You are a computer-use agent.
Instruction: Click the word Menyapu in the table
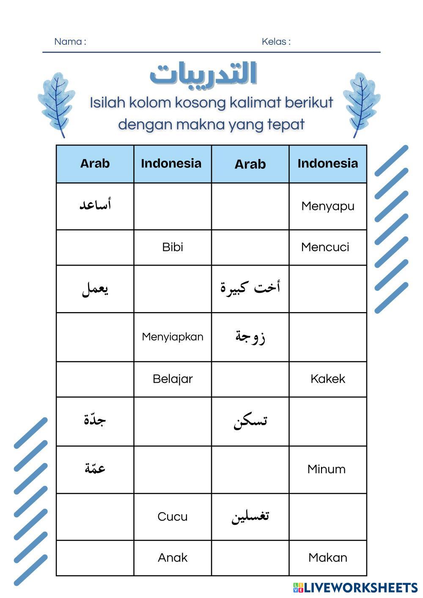coord(327,206)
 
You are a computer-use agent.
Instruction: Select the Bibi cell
coord(173,247)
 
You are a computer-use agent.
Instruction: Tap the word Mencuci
coord(325,247)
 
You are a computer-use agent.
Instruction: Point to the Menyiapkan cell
coord(173,337)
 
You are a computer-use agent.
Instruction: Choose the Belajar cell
coord(173,379)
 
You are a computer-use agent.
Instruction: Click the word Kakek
coord(327,379)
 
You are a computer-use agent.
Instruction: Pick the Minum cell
coord(326,469)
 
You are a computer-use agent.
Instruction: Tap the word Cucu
coord(173,516)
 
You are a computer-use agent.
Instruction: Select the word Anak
coord(173,557)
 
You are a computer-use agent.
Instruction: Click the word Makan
coord(327,557)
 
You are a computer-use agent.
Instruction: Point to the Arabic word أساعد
coord(95,205)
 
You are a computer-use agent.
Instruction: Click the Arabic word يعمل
coord(95,289)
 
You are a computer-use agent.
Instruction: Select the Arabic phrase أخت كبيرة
coord(250,288)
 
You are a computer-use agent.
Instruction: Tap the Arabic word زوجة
coord(250,337)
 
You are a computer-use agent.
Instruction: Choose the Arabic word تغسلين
coord(250,516)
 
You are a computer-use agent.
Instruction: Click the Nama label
coord(70,41)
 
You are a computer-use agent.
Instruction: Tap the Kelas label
coord(276,41)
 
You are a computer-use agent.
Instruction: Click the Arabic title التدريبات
coord(203,74)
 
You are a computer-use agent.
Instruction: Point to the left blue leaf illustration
coord(56,104)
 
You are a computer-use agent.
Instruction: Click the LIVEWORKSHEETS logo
coord(355,587)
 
